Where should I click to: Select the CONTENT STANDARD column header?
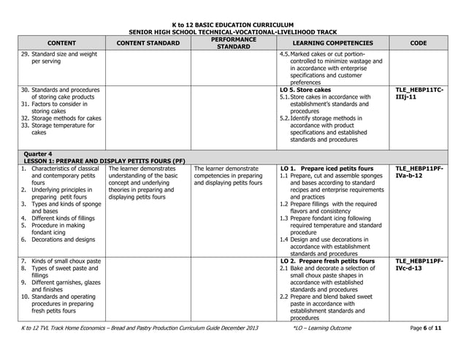148,43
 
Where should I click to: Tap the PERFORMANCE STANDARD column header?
233,43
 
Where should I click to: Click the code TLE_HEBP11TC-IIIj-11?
419,93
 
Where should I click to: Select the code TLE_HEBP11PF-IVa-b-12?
419,172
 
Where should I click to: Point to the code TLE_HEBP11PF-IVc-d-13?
419,264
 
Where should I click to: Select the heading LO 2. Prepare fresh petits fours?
328,261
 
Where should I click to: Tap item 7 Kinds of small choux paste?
66,261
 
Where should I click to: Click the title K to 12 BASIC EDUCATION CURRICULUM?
233,25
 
